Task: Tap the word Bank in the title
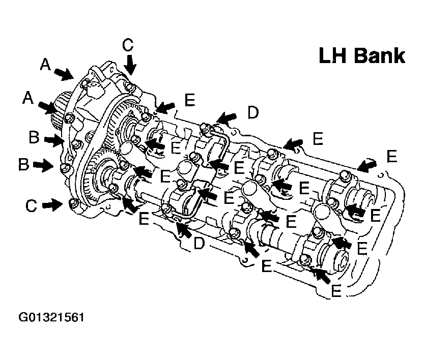point(380,55)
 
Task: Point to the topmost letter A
point(46,64)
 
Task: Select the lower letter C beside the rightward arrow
point(32,205)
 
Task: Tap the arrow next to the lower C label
point(52,205)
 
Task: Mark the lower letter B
point(23,165)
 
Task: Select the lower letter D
point(199,244)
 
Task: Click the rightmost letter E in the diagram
point(391,156)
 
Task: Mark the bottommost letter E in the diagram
point(335,290)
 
